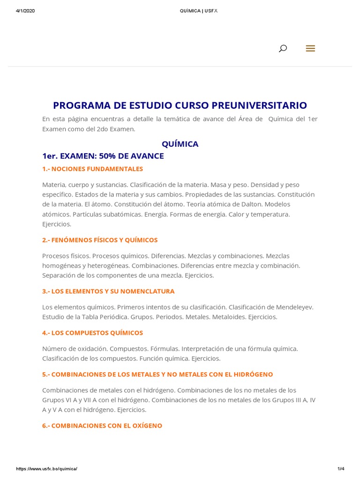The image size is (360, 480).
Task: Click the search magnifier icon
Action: [x=283, y=48]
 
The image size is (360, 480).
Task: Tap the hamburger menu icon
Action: [x=310, y=48]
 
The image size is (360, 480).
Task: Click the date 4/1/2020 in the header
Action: [x=25, y=11]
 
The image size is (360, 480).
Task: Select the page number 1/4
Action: [x=341, y=469]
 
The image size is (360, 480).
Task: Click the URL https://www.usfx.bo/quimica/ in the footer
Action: [x=46, y=469]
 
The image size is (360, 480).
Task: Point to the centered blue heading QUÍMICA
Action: [x=180, y=144]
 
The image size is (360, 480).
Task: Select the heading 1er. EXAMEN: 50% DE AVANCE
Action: [x=103, y=156]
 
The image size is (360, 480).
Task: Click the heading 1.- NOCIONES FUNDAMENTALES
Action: [x=92, y=169]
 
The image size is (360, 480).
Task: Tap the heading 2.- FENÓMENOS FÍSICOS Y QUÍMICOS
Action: [x=100, y=240]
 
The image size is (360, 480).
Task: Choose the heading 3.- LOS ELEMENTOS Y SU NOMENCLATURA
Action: [x=108, y=291]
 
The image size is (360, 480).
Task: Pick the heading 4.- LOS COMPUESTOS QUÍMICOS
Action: [x=92, y=333]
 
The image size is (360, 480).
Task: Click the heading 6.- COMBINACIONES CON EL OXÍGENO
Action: [x=102, y=426]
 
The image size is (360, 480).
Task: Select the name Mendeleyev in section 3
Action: [x=292, y=307]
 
